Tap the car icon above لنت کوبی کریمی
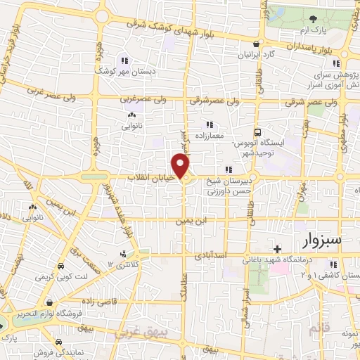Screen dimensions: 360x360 click(x=61, y=267)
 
